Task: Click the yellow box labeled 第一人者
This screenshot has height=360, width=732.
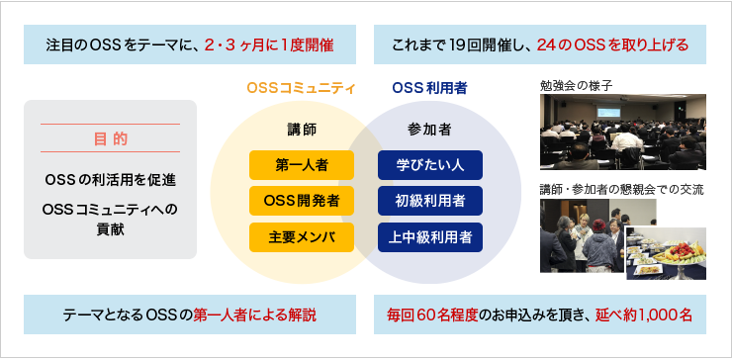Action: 302,163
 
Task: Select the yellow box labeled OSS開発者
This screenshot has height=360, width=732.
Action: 302,200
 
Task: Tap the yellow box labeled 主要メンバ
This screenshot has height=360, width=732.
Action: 302,236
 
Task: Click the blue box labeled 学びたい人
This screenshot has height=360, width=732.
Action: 429,163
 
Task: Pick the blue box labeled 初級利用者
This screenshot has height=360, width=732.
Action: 429,200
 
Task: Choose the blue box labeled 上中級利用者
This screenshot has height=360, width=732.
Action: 429,236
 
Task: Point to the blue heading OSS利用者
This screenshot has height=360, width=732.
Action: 429,88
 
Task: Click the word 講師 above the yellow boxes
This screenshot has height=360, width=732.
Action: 301,129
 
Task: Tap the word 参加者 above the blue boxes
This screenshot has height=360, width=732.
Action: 429,129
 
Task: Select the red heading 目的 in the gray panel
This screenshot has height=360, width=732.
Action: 110,137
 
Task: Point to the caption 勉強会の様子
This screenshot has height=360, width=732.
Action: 577,85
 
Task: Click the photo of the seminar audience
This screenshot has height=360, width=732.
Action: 622,132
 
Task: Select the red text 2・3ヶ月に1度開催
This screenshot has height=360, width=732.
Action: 267,45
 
